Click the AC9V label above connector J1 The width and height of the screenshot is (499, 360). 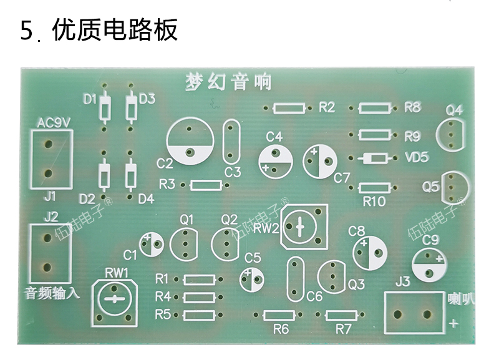pyautogui.click(x=54, y=123)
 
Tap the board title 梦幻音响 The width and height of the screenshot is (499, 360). pyautogui.click(x=228, y=82)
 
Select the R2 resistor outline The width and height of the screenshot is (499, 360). pyautogui.click(x=289, y=108)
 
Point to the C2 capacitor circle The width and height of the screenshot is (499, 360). pyautogui.click(x=190, y=140)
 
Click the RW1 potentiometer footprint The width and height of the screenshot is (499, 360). pyautogui.click(x=115, y=303)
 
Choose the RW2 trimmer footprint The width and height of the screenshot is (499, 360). pyautogui.click(x=304, y=226)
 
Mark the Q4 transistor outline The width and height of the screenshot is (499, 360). pyautogui.click(x=450, y=134)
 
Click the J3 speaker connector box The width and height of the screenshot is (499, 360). pyautogui.click(x=414, y=313)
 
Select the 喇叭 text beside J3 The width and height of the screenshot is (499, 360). pyautogui.click(x=460, y=299)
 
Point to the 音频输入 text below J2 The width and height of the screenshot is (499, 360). pyautogui.click(x=52, y=293)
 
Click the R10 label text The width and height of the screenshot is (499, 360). pyautogui.click(x=374, y=202)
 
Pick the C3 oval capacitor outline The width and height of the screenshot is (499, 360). pyautogui.click(x=231, y=142)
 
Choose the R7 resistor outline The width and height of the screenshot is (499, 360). pyautogui.click(x=341, y=315)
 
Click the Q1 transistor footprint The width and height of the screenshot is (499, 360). pyautogui.click(x=183, y=244)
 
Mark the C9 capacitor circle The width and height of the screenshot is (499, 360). pyautogui.click(x=429, y=265)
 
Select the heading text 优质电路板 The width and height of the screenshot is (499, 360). pyautogui.click(x=115, y=30)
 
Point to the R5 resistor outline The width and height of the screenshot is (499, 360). pyautogui.click(x=199, y=315)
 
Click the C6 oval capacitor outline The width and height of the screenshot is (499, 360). pyautogui.click(x=295, y=279)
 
